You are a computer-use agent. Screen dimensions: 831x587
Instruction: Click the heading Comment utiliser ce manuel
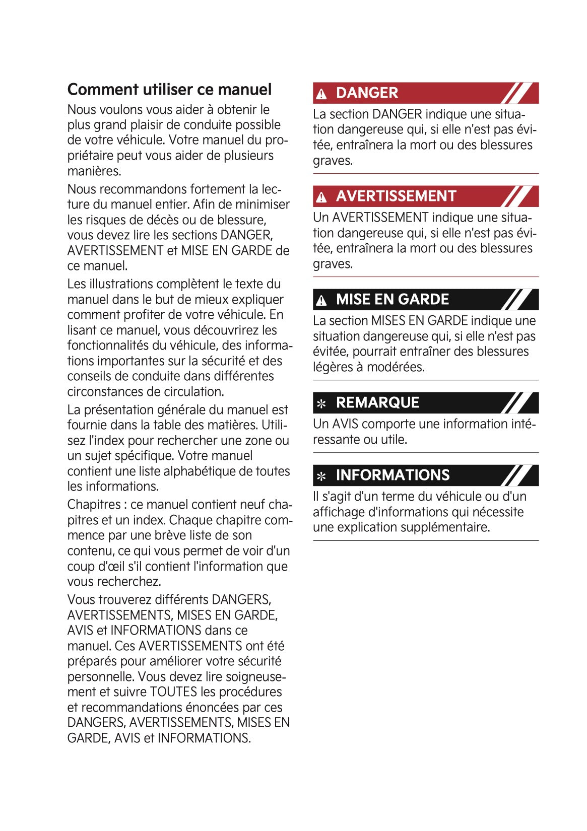coord(169,90)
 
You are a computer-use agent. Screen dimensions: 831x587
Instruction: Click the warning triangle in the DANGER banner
coord(321,94)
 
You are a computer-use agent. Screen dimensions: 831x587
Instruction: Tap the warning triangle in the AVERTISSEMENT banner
coord(321,197)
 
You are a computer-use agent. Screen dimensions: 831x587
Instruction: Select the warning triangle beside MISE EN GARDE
coord(321,301)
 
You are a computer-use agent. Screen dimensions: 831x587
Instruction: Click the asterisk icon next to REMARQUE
coord(321,403)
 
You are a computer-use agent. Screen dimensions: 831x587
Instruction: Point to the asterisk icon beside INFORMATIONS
coord(321,476)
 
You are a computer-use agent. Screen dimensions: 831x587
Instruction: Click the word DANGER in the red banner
coord(367,93)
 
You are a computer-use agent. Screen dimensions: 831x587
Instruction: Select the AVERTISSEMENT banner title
coord(396,196)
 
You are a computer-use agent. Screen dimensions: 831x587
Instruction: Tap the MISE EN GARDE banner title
coord(393,300)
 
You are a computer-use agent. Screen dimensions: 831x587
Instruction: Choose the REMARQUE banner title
coord(377,403)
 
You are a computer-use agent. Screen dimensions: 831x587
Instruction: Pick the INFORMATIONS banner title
coord(393,475)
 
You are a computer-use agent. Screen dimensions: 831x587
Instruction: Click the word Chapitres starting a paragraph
coord(94,505)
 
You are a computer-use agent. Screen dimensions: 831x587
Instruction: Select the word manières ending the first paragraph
coord(94,171)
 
